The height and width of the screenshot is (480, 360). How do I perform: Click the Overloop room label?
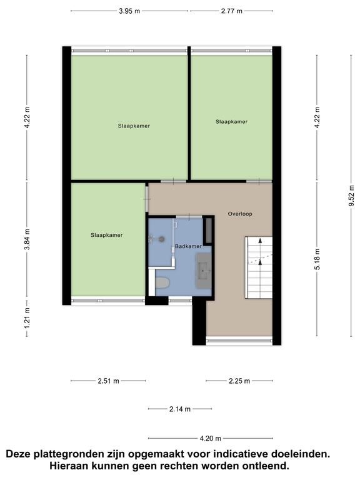pos(240,214)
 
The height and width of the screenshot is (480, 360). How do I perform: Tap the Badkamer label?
pos(188,246)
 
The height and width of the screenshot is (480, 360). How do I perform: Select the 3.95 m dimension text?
pos(129,11)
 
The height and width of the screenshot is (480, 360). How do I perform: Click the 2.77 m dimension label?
pos(232,11)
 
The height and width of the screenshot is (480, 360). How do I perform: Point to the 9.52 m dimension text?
pos(351,196)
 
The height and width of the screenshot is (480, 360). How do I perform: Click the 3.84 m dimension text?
pos(27,239)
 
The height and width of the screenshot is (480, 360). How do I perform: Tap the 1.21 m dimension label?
pos(27,318)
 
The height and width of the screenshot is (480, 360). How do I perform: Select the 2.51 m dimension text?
pos(108,381)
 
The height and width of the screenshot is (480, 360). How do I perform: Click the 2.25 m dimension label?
pos(239,381)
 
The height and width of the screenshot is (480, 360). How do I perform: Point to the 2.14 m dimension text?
pos(180,409)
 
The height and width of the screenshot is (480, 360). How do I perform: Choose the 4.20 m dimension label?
pos(210,438)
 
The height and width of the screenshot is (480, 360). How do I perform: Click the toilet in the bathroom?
pos(162,282)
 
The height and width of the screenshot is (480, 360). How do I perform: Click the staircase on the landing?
pos(259,267)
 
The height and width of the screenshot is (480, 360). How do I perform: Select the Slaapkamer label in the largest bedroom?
pos(134,126)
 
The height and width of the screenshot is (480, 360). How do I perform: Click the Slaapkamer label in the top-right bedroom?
pos(231,121)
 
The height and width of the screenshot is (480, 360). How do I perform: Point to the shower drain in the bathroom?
pos(161,239)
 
